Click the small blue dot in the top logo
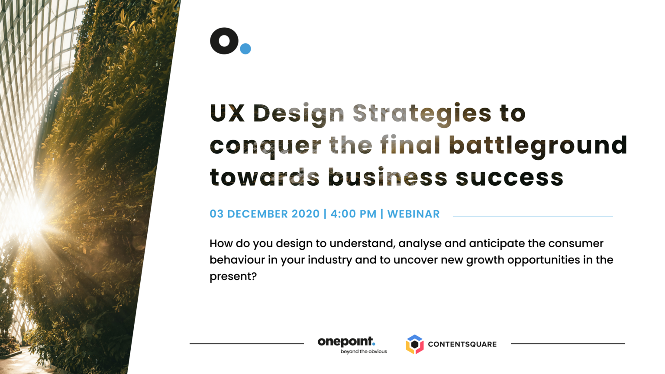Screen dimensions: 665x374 point(245,48)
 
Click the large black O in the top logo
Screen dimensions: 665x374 point(224,41)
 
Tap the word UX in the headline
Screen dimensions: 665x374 point(227,113)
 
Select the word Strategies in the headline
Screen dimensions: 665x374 point(422,115)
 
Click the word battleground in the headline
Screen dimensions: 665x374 point(538,146)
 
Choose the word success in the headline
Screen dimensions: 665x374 point(509,177)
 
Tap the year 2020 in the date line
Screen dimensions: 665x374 point(306,214)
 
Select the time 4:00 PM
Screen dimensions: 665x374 point(353,214)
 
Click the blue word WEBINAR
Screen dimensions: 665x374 point(413,214)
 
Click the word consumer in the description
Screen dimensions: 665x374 point(576,243)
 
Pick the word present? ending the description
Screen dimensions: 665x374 point(233,277)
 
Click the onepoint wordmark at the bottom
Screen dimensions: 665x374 point(346,342)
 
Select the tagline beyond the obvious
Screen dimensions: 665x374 point(364,351)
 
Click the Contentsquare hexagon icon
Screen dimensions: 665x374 point(415,344)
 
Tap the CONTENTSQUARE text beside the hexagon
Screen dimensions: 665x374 point(462,344)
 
